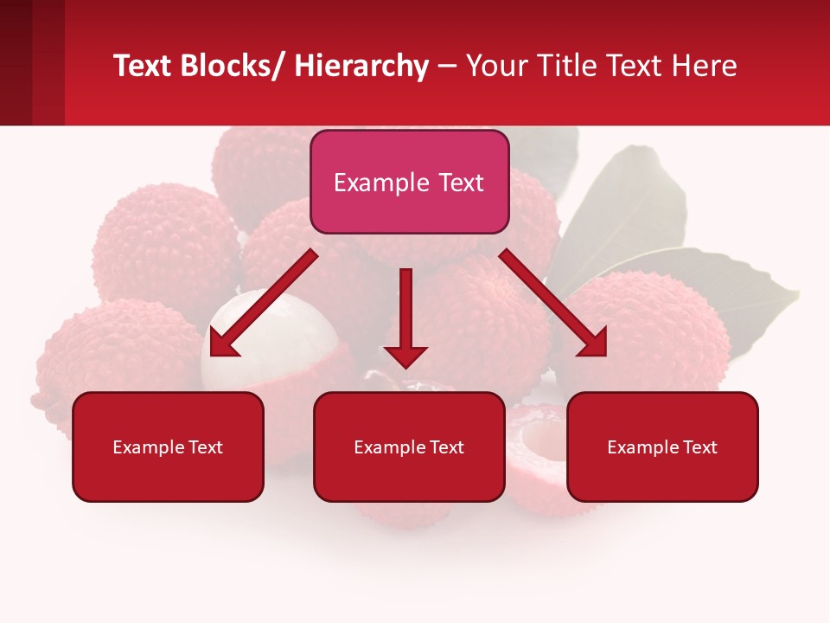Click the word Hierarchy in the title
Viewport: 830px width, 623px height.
(x=361, y=66)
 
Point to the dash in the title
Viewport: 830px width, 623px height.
(x=447, y=67)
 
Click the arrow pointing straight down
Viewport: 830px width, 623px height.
(x=405, y=320)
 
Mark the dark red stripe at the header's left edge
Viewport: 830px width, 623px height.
(x=16, y=62)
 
